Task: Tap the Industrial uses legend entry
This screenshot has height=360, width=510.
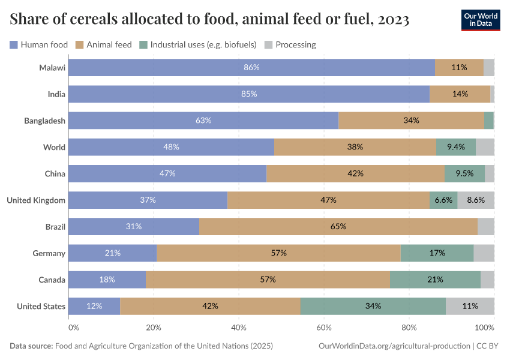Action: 197,44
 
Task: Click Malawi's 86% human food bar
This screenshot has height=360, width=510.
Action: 251,68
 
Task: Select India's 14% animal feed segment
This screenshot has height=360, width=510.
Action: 460,94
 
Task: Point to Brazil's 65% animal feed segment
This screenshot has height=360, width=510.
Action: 338,227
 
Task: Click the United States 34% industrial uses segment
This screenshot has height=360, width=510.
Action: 373,306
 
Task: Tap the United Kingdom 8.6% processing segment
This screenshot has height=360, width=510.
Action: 476,200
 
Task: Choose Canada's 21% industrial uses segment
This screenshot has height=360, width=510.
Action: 435,280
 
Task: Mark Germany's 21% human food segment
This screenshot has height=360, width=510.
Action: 112,253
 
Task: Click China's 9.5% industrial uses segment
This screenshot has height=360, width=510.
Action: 464,174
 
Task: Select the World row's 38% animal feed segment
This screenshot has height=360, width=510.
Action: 355,147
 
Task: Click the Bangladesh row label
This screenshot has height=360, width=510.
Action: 44,121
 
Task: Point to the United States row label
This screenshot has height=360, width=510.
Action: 41,306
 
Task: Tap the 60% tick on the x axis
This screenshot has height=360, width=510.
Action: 324,328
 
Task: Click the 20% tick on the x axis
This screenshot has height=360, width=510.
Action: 154,328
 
